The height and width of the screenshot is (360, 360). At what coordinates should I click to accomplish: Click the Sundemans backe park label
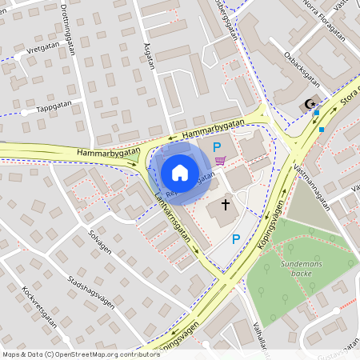tap(301, 268)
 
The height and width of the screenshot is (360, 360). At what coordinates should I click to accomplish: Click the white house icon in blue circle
tap(180, 172)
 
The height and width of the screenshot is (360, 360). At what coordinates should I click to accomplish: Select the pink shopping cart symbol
tap(220, 160)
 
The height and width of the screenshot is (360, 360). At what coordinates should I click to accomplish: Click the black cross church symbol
tap(225, 205)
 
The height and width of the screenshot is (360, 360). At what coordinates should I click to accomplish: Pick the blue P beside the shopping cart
tap(217, 146)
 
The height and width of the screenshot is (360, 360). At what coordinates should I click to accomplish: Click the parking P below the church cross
tap(235, 239)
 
